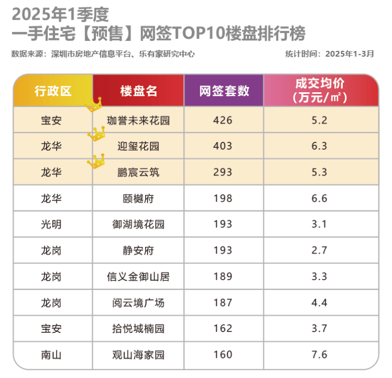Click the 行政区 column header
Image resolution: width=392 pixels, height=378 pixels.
(x=53, y=91)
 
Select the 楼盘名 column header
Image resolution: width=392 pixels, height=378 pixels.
(x=139, y=91)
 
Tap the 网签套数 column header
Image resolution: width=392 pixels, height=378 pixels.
(x=224, y=91)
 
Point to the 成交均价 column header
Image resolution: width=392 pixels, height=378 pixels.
(x=320, y=91)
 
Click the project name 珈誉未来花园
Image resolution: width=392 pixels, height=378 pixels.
(x=138, y=120)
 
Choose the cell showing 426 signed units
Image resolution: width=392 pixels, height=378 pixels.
(x=222, y=120)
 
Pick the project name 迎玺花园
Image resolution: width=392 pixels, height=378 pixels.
(x=138, y=146)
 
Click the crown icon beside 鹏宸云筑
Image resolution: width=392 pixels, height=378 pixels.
(x=96, y=161)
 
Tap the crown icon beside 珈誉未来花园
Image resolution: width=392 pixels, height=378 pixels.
(x=94, y=104)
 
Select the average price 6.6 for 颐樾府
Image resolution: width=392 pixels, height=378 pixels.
(x=320, y=199)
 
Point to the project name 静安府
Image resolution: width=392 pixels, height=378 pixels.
(x=138, y=250)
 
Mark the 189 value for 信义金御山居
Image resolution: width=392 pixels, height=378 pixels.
(x=222, y=276)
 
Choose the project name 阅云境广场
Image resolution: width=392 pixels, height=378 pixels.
(x=138, y=303)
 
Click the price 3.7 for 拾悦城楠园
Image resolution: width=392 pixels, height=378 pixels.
(x=320, y=329)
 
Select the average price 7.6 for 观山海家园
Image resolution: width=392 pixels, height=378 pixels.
(x=320, y=355)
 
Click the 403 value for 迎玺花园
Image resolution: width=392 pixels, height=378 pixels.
(x=222, y=146)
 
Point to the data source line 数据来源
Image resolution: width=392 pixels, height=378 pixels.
(x=103, y=54)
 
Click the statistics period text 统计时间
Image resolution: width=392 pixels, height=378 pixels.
(x=329, y=54)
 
